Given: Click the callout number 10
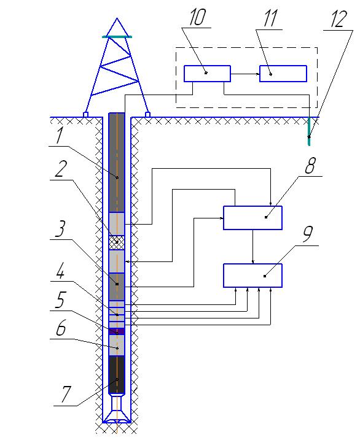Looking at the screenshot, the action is click(x=197, y=17).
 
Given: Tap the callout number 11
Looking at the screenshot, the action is click(x=270, y=18).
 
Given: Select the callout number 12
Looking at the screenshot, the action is click(x=338, y=19).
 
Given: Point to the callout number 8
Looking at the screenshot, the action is click(x=310, y=166).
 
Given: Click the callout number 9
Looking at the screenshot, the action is click(x=308, y=234).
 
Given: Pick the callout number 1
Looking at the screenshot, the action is click(x=59, y=136).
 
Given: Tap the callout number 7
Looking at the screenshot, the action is click(x=66, y=394).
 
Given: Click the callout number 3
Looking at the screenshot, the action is click(x=60, y=229).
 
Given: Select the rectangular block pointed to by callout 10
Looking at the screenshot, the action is click(x=207, y=74).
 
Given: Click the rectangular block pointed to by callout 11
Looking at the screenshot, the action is click(x=283, y=74).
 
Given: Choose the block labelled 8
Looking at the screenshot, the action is click(x=252, y=218).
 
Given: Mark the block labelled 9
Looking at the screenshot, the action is click(x=252, y=276).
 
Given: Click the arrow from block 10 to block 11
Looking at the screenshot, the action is click(x=245, y=74).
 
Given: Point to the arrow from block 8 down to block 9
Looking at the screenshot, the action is click(x=253, y=247).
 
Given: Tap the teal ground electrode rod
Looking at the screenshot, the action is click(x=309, y=131).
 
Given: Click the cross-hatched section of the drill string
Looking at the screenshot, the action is click(x=117, y=242).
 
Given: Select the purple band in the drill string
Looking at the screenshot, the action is click(x=117, y=331).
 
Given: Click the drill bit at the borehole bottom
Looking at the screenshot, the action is click(x=117, y=409).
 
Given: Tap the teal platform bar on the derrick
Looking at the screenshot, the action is click(x=117, y=37).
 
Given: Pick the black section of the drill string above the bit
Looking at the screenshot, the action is click(x=117, y=374).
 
